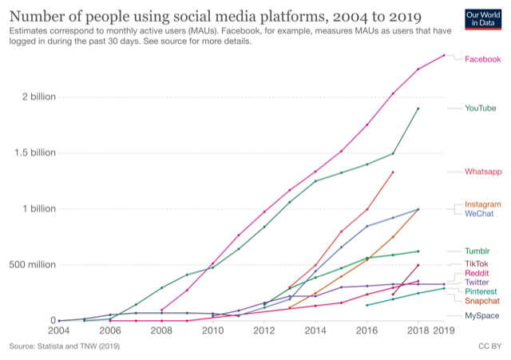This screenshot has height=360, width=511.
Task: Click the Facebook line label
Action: [x=482, y=59]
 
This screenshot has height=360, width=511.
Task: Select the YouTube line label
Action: [x=481, y=108]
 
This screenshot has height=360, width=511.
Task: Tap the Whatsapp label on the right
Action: [x=483, y=172]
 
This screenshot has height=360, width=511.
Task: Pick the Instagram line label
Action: [x=483, y=204]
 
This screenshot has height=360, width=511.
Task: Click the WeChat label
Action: [x=479, y=214]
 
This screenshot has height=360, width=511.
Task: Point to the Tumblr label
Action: [x=477, y=251]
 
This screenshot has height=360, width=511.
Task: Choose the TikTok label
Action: [x=477, y=263]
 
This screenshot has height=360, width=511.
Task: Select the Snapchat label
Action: [x=483, y=301]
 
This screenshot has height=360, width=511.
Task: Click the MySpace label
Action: [x=482, y=316]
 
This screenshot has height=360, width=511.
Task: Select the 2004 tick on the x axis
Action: [x=59, y=330]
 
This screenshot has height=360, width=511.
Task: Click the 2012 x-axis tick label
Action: [x=265, y=330]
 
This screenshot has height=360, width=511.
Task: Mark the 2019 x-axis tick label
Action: [x=444, y=330]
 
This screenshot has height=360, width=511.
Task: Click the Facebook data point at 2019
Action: [x=444, y=55]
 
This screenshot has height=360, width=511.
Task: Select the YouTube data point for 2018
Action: [x=418, y=109]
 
